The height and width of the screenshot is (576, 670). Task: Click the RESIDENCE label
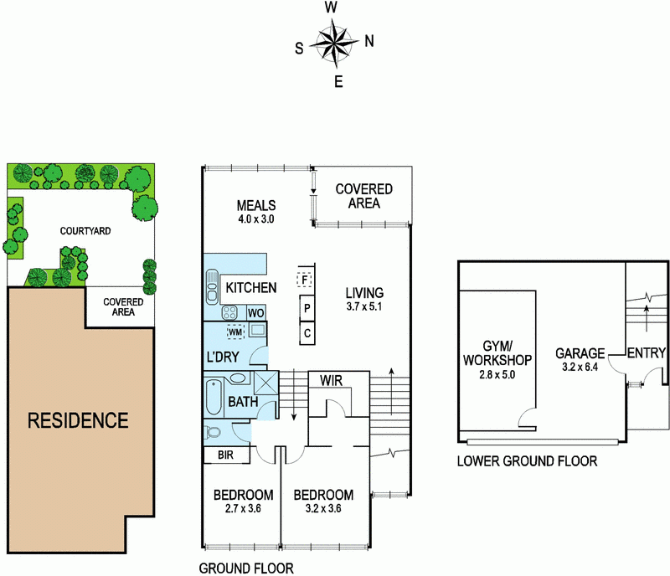[78, 419]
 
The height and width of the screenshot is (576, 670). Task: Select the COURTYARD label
[85, 230]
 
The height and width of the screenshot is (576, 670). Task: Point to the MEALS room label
[256, 206]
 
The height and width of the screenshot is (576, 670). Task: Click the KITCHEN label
[250, 288]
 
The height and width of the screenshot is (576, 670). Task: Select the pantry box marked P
[307, 308]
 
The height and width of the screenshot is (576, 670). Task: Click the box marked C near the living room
[307, 334]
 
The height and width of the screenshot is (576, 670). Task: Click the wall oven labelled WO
[255, 313]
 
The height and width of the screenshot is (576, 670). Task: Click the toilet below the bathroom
[213, 433]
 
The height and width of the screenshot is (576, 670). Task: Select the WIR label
[331, 381]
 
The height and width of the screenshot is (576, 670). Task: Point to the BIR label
[224, 456]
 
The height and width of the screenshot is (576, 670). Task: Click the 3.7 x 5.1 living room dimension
[364, 308]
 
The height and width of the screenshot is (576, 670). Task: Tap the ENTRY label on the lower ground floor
[647, 353]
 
